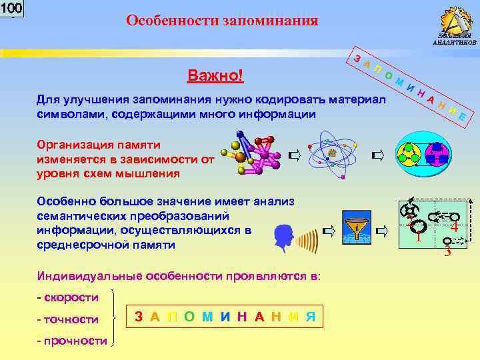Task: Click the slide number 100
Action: (12, 9)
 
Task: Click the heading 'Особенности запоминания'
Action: (222, 21)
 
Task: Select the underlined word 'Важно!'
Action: (215, 75)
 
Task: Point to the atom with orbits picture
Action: (331, 154)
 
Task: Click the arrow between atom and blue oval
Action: (378, 156)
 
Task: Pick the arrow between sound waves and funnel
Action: (328, 231)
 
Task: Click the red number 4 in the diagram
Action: (453, 227)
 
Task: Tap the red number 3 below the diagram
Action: (447, 252)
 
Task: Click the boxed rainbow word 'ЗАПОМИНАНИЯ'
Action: (225, 317)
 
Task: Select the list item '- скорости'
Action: (68, 297)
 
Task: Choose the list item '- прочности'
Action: (72, 341)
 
